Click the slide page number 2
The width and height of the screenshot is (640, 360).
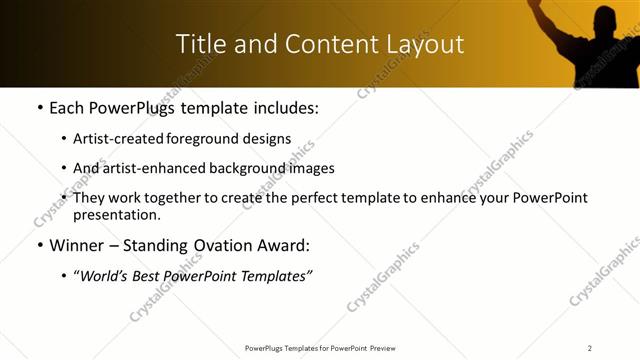[x=590, y=348]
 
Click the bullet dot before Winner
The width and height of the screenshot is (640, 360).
[x=38, y=245]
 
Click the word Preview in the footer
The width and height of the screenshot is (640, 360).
[x=387, y=348]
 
